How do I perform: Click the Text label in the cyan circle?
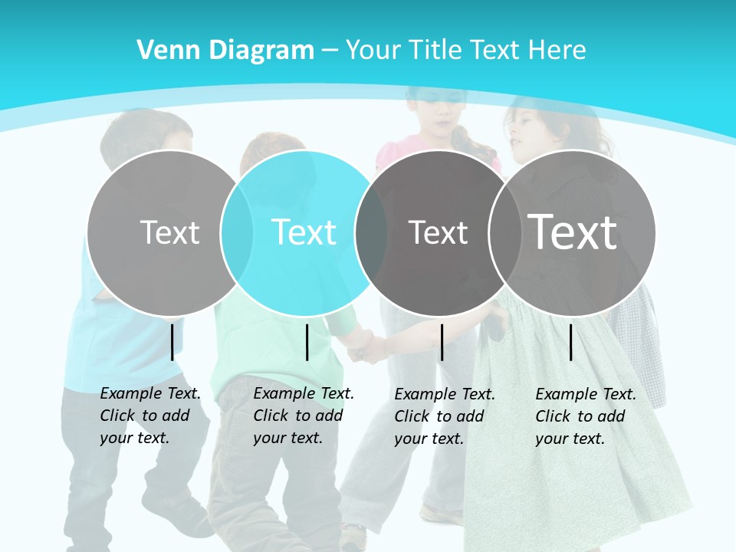(x=304, y=232)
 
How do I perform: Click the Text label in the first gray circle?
(x=169, y=232)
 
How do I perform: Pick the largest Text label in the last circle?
(x=573, y=232)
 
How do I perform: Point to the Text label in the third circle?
(x=438, y=232)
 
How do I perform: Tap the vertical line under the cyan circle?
(x=307, y=342)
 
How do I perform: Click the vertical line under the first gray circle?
(x=172, y=342)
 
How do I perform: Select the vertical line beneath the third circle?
(x=442, y=342)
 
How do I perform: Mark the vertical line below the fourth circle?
(x=570, y=342)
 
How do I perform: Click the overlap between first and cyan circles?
(x=237, y=233)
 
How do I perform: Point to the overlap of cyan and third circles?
(x=371, y=233)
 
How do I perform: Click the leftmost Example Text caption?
(x=149, y=416)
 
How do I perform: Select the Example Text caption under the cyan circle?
(x=303, y=416)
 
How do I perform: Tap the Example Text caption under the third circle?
(x=444, y=416)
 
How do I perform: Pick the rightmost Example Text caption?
(x=585, y=416)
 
